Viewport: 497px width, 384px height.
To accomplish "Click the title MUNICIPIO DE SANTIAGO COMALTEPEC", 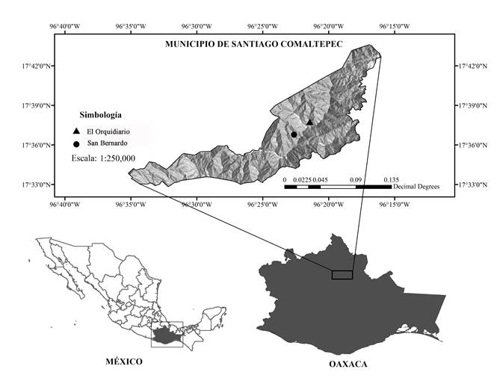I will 253,44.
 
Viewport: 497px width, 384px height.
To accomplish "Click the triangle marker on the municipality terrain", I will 309,122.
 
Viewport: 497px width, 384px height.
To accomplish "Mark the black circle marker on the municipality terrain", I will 294,134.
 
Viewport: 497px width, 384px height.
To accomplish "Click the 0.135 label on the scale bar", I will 391,180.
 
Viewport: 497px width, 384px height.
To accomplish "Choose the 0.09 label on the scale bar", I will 355,180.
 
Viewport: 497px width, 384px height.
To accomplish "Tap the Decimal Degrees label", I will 416,187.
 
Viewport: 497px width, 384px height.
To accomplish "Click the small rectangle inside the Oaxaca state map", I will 342,275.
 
